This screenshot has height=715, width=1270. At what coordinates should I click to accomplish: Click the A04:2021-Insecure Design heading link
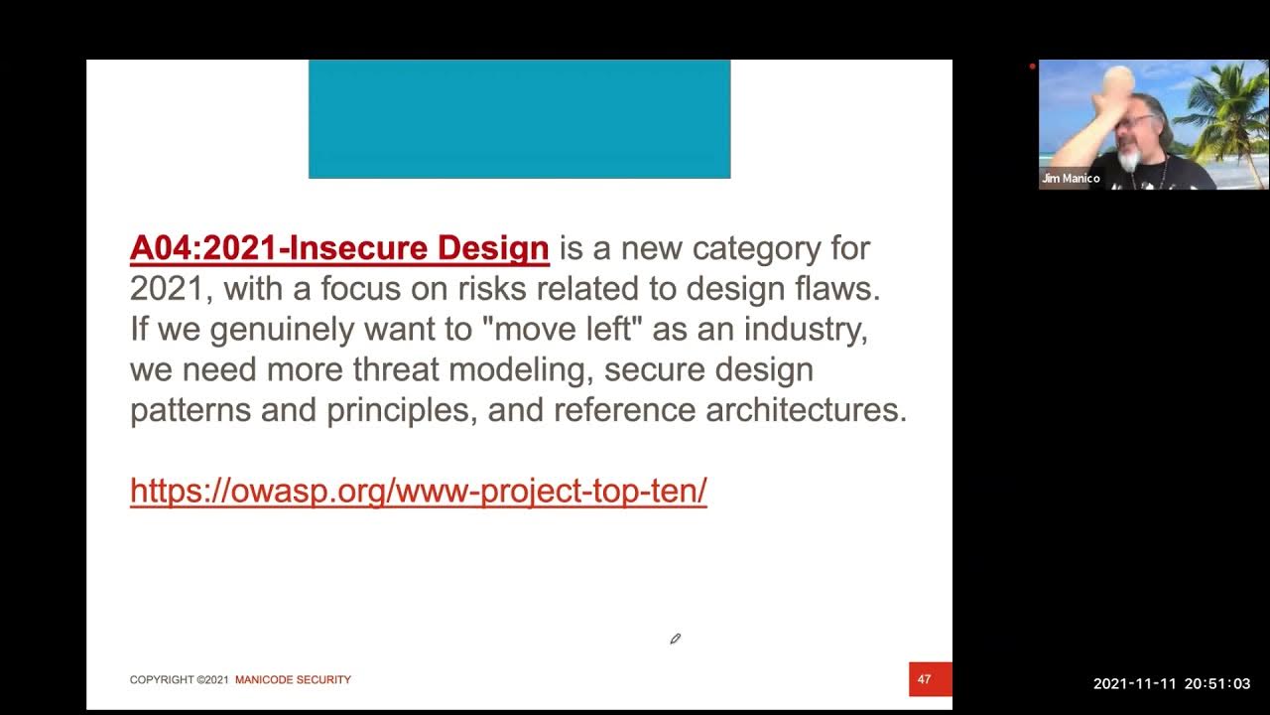[339, 248]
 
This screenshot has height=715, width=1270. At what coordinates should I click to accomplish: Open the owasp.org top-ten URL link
[418, 491]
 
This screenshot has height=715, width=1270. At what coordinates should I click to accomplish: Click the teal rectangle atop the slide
[519, 118]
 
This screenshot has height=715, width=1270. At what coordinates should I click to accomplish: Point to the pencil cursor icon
[675, 639]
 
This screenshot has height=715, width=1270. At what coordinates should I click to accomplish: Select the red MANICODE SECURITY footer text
[293, 680]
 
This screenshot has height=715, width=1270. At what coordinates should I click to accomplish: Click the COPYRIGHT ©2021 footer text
[180, 680]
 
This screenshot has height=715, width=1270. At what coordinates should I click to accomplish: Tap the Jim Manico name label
[1071, 179]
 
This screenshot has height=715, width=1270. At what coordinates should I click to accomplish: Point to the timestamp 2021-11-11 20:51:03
[1172, 684]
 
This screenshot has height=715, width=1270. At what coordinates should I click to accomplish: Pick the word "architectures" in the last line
[806, 410]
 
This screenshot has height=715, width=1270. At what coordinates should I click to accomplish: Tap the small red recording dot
[1032, 67]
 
